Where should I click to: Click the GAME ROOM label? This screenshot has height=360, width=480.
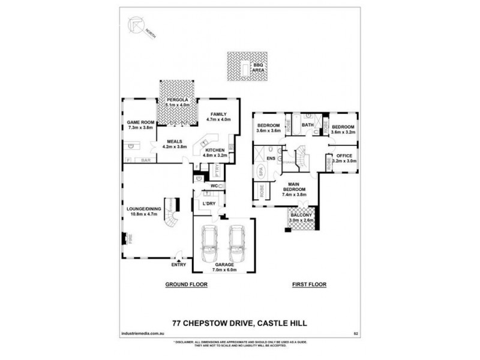[x=140, y=123]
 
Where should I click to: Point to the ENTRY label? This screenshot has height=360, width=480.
[x=179, y=265]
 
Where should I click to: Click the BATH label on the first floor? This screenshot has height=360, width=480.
[x=308, y=125]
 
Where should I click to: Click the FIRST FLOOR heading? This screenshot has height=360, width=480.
[x=309, y=285]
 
